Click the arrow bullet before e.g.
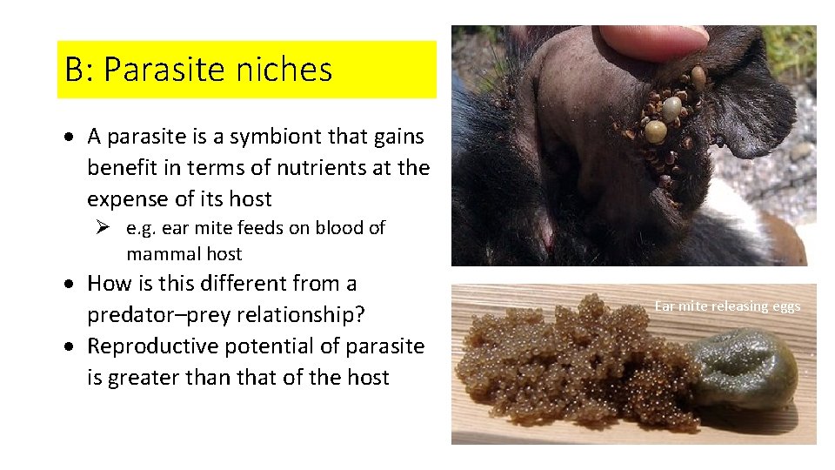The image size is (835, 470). pyautogui.click(x=102, y=228)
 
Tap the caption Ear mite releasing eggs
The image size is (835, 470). pyautogui.click(x=727, y=306)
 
